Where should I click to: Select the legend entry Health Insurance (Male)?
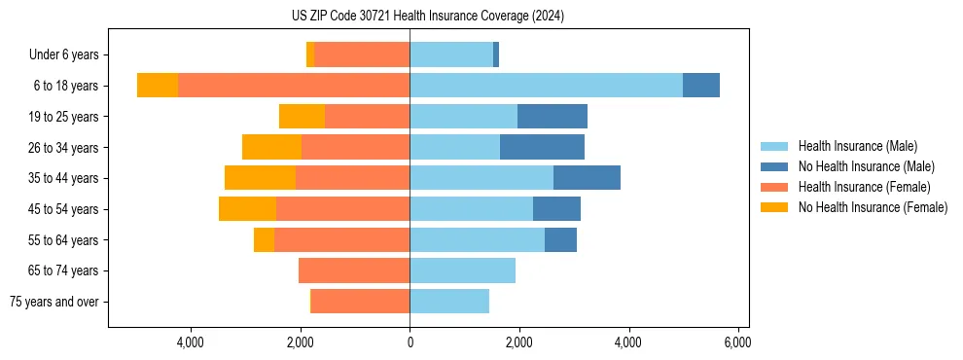pos(857,146)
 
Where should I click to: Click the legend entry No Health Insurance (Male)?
pos(866,166)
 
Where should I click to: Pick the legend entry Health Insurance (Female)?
pos(864,187)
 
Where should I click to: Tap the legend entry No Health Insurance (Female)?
pos(873,207)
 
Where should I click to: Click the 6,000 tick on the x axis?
pos(737,342)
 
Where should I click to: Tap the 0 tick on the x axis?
pos(410,342)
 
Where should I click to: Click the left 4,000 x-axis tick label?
pos(191,342)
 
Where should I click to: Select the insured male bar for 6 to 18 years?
pos(546,86)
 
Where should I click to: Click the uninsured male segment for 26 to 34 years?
pos(542,147)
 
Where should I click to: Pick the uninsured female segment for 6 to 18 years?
pos(158,86)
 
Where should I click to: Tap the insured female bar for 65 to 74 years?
pos(354,270)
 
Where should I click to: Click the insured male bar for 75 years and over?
pos(449,302)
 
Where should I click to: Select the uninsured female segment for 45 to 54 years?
pos(247,209)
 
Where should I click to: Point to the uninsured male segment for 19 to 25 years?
pos(552,117)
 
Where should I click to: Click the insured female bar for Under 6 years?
pos(362,54)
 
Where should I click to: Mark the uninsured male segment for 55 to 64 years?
pos(560,239)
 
